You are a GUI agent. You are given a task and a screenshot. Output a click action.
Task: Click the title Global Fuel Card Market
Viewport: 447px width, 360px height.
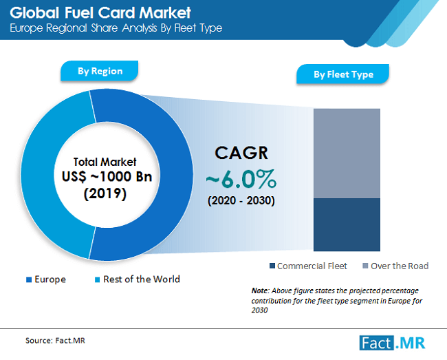point(100,12)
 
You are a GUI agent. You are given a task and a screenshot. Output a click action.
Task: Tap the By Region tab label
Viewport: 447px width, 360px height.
point(100,71)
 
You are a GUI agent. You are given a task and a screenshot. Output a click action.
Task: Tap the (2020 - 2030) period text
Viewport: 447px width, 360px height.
point(241,201)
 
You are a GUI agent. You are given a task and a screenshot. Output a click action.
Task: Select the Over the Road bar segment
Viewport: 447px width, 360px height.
point(347,153)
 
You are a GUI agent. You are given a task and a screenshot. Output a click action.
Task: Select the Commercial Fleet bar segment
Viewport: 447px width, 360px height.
point(347,224)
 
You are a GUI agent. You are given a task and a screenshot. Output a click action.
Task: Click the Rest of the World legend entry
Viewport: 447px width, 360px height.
point(137,279)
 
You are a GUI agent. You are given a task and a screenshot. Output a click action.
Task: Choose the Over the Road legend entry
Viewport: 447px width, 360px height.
point(395,266)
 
